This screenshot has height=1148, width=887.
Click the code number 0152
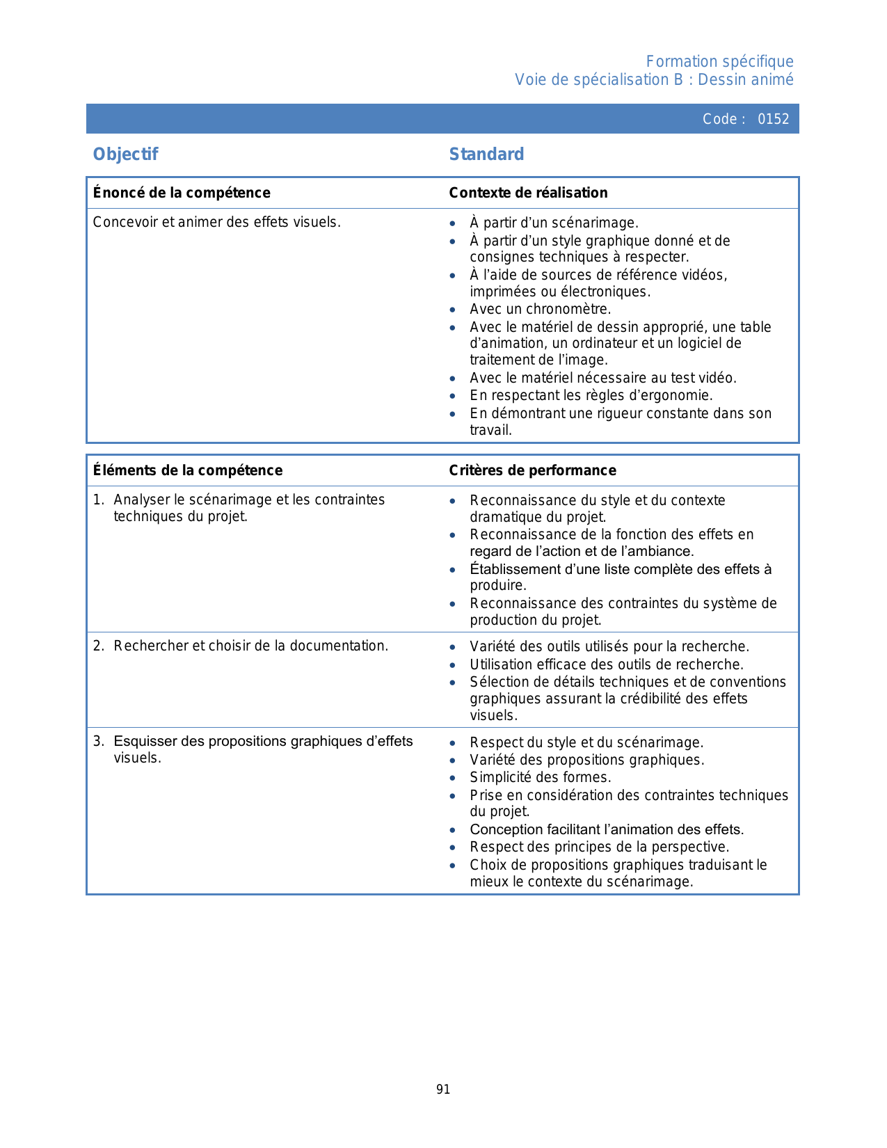(x=773, y=119)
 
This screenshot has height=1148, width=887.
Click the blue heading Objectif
(x=126, y=154)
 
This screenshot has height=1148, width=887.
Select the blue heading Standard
(x=486, y=154)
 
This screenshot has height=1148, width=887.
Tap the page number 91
(x=443, y=1090)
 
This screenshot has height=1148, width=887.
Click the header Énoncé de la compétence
(x=182, y=193)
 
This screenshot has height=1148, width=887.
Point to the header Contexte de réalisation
(x=528, y=193)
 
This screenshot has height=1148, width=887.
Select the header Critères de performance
(x=532, y=470)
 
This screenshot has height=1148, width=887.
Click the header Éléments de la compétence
(x=188, y=470)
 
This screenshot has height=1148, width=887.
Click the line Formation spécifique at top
(x=719, y=62)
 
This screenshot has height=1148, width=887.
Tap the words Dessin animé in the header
(x=745, y=80)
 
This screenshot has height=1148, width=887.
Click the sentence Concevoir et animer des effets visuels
(x=216, y=222)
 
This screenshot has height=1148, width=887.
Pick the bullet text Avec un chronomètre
(x=540, y=309)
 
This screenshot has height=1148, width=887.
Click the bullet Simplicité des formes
(x=540, y=777)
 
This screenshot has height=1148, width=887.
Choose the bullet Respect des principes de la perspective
(x=599, y=847)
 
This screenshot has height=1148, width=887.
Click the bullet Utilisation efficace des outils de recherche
(x=607, y=664)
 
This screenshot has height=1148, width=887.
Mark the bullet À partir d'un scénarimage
(x=554, y=223)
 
